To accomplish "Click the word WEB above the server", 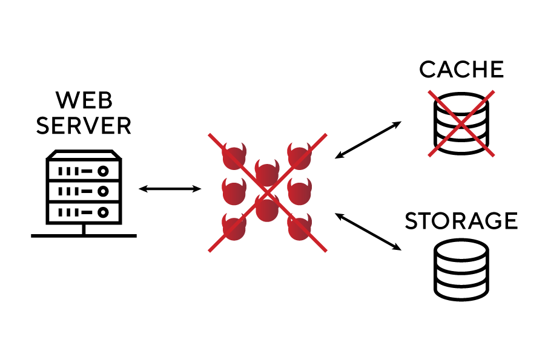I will click(84, 100).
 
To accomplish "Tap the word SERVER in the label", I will click(84, 125).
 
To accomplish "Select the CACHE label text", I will click(461, 70).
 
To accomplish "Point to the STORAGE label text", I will click(461, 221).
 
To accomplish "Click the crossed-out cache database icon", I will click(461, 123).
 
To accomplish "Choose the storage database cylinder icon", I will click(461, 269).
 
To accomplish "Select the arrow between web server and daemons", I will click(170, 189).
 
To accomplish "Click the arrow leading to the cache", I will click(368, 140).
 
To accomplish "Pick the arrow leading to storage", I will click(368, 231).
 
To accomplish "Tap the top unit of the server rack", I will click(84, 171).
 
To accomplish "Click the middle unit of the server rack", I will click(84, 191).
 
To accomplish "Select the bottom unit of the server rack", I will click(84, 211).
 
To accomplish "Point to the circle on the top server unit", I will click(104, 171).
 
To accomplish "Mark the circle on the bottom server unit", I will click(104, 212).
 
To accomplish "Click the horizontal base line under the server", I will click(84, 235).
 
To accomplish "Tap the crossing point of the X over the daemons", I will click(267, 192).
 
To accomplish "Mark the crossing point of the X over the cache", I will click(461, 123).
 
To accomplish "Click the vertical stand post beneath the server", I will click(84, 228).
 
